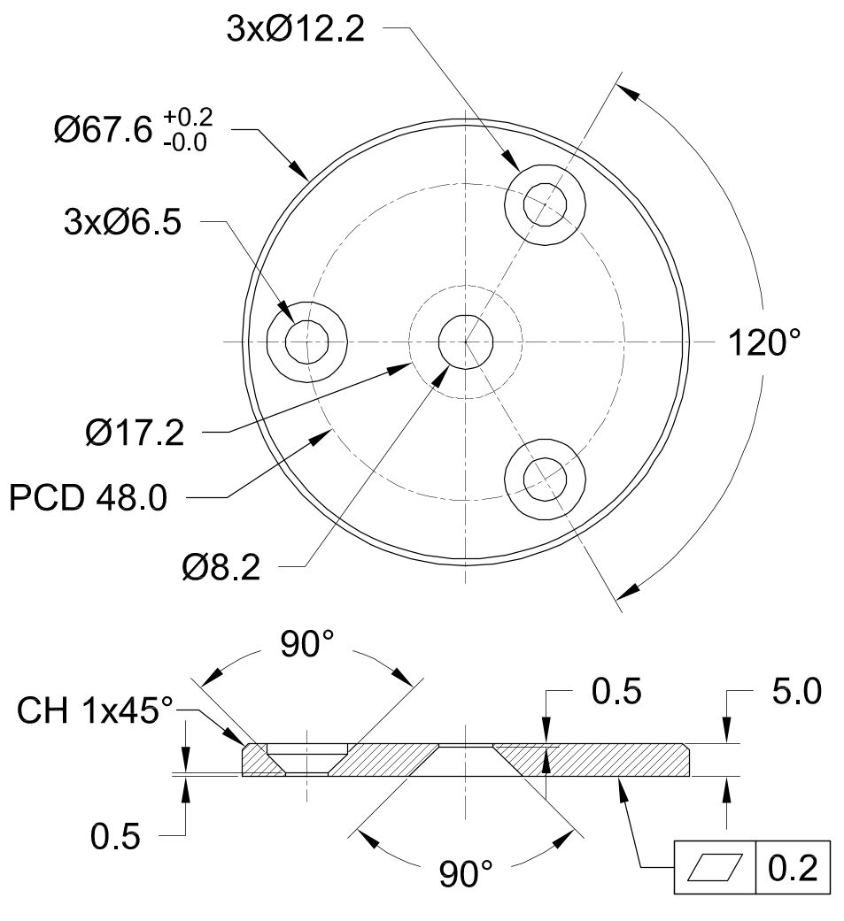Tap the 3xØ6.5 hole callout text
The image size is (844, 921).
click(x=121, y=223)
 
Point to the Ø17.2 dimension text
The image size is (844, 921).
click(x=136, y=434)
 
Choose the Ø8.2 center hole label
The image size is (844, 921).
click(x=221, y=567)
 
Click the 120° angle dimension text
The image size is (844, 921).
click(x=764, y=342)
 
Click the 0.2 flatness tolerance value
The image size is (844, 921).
click(x=793, y=866)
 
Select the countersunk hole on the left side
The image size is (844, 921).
click(x=307, y=341)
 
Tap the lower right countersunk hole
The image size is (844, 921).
click(x=544, y=478)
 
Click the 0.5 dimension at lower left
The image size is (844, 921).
click(x=115, y=836)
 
